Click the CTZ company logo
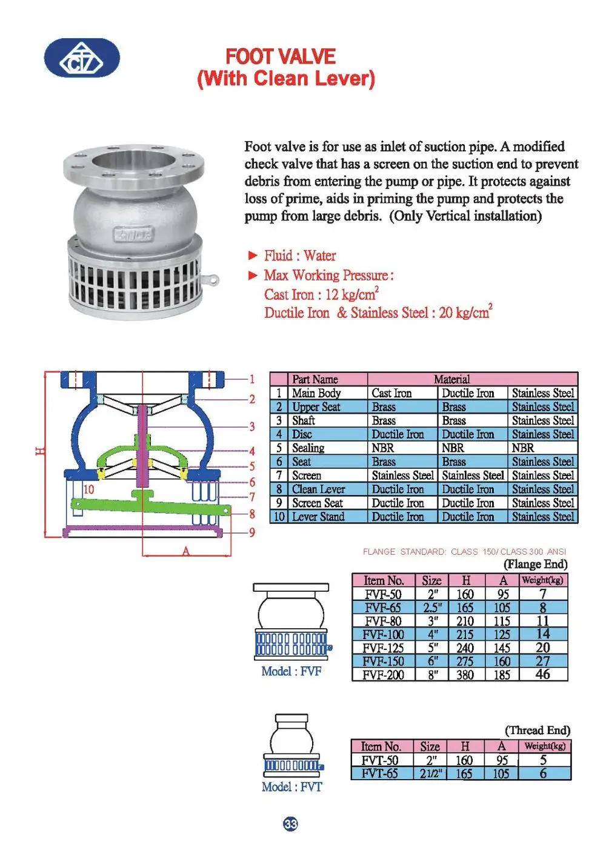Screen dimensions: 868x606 [x=82, y=59]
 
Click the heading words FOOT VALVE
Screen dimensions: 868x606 [x=281, y=57]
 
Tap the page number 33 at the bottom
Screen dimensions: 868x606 [x=290, y=824]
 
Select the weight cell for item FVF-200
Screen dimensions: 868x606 [x=543, y=674]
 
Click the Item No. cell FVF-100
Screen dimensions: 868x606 [x=383, y=634]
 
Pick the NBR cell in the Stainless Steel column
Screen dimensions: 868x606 [x=523, y=448]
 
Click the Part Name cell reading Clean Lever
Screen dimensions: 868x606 [x=319, y=489]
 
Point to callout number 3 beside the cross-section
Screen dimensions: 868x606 [x=252, y=426]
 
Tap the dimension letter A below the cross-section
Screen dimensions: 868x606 [x=186, y=551]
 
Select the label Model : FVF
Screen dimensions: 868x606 [x=291, y=671]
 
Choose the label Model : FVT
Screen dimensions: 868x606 [x=291, y=787]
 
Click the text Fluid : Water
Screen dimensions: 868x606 [x=299, y=256]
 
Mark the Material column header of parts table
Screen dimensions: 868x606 [x=451, y=379]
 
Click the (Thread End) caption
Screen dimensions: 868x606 [x=538, y=730]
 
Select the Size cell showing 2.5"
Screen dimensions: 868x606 [x=432, y=608]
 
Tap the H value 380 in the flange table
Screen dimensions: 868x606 [x=465, y=674]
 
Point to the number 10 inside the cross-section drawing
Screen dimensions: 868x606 [x=89, y=489]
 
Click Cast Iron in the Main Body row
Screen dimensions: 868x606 [x=391, y=393]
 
